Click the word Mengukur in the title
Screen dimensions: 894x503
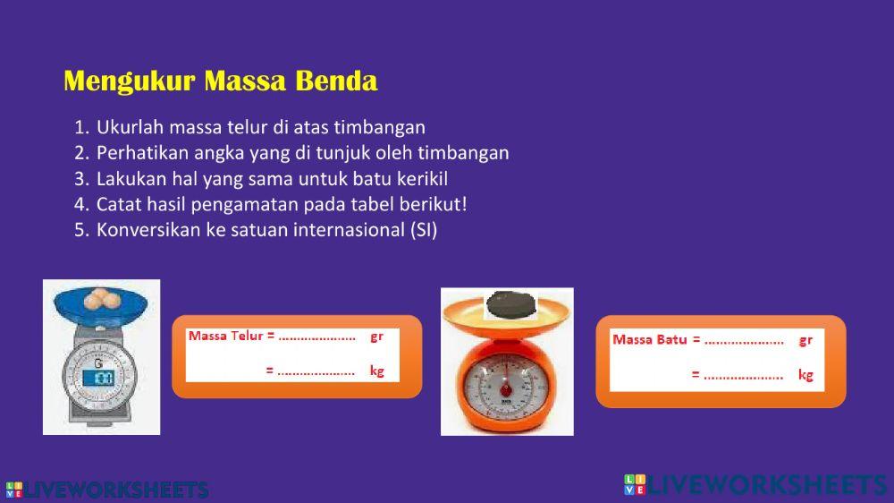[130, 81]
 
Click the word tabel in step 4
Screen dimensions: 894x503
[372, 204]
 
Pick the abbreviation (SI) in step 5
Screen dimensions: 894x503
[424, 230]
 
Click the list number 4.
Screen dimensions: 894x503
[81, 204]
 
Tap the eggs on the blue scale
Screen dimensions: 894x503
[100, 299]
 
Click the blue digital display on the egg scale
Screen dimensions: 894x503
[98, 378]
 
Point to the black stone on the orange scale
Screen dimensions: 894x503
[510, 304]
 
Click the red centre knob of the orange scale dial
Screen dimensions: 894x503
[506, 391]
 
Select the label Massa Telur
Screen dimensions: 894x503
[226, 336]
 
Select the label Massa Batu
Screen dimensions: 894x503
[649, 340]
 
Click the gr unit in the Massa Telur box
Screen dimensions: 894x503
[376, 337]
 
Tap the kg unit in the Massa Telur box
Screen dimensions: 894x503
[377, 371]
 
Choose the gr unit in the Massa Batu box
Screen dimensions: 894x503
[805, 341]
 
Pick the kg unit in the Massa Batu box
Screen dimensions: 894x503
[805, 375]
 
